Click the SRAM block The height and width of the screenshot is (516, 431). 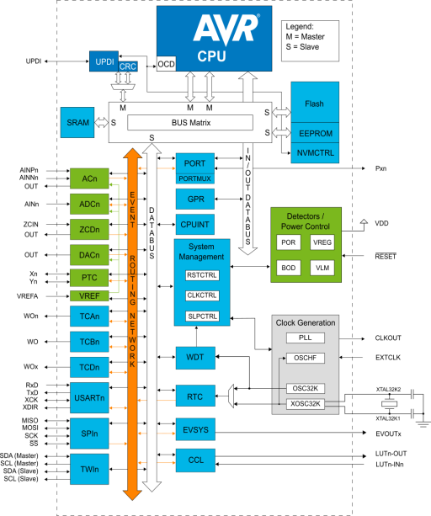pyautogui.click(x=77, y=122)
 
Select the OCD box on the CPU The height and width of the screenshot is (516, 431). pyautogui.click(x=166, y=64)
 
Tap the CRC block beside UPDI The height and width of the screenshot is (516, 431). pyautogui.click(x=128, y=66)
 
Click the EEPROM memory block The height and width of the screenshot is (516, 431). pyautogui.click(x=315, y=133)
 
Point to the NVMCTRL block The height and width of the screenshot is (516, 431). pyautogui.click(x=315, y=153)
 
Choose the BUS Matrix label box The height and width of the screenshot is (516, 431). pyautogui.click(x=190, y=123)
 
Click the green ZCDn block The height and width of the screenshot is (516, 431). pyautogui.click(x=89, y=229)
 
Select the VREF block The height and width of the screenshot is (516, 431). pyautogui.click(x=89, y=295)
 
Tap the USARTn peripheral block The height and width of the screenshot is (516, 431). pyautogui.click(x=89, y=397)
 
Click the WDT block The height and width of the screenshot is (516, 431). pyautogui.click(x=195, y=358)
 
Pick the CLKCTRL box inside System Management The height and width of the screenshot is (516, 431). pyautogui.click(x=202, y=295)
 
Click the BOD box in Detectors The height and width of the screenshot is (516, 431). pyautogui.click(x=289, y=268)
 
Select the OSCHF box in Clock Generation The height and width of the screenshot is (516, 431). pyautogui.click(x=306, y=358)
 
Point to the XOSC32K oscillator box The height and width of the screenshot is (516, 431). pyautogui.click(x=306, y=404)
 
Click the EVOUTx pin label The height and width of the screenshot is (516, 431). pyautogui.click(x=388, y=434)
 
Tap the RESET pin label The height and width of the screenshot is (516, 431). pyautogui.click(x=386, y=257)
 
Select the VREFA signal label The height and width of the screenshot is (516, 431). pyautogui.click(x=27, y=296)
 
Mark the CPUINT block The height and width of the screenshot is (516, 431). pyautogui.click(x=195, y=225)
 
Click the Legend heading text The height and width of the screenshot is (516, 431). pyautogui.click(x=300, y=27)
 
